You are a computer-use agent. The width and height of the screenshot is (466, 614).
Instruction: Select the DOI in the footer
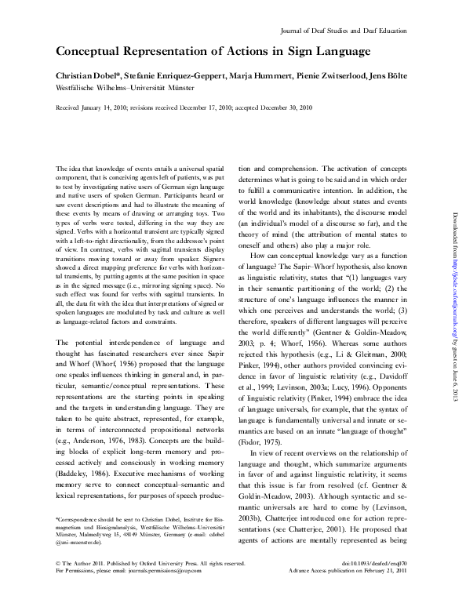tap(383, 585)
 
